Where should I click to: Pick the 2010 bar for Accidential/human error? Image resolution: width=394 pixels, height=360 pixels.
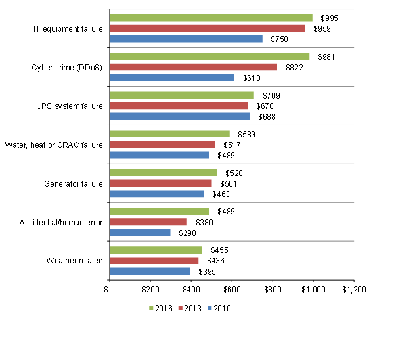[140, 233]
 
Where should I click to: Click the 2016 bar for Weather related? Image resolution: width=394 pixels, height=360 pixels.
[156, 250]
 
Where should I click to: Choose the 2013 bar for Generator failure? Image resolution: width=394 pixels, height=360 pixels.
[160, 183]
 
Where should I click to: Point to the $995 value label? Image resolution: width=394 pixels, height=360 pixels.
[329, 17]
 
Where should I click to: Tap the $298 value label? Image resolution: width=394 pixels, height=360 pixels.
[188, 233]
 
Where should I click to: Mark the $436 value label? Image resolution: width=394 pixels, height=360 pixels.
[216, 261]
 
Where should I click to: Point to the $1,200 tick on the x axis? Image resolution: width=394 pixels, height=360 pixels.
[353, 288]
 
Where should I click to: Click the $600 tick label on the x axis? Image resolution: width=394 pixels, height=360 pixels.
[231, 288]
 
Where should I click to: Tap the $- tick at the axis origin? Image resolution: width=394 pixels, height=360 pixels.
[109, 288]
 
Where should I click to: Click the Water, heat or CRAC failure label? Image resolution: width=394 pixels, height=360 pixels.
[54, 145]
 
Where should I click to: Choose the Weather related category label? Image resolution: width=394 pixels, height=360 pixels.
[74, 261]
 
